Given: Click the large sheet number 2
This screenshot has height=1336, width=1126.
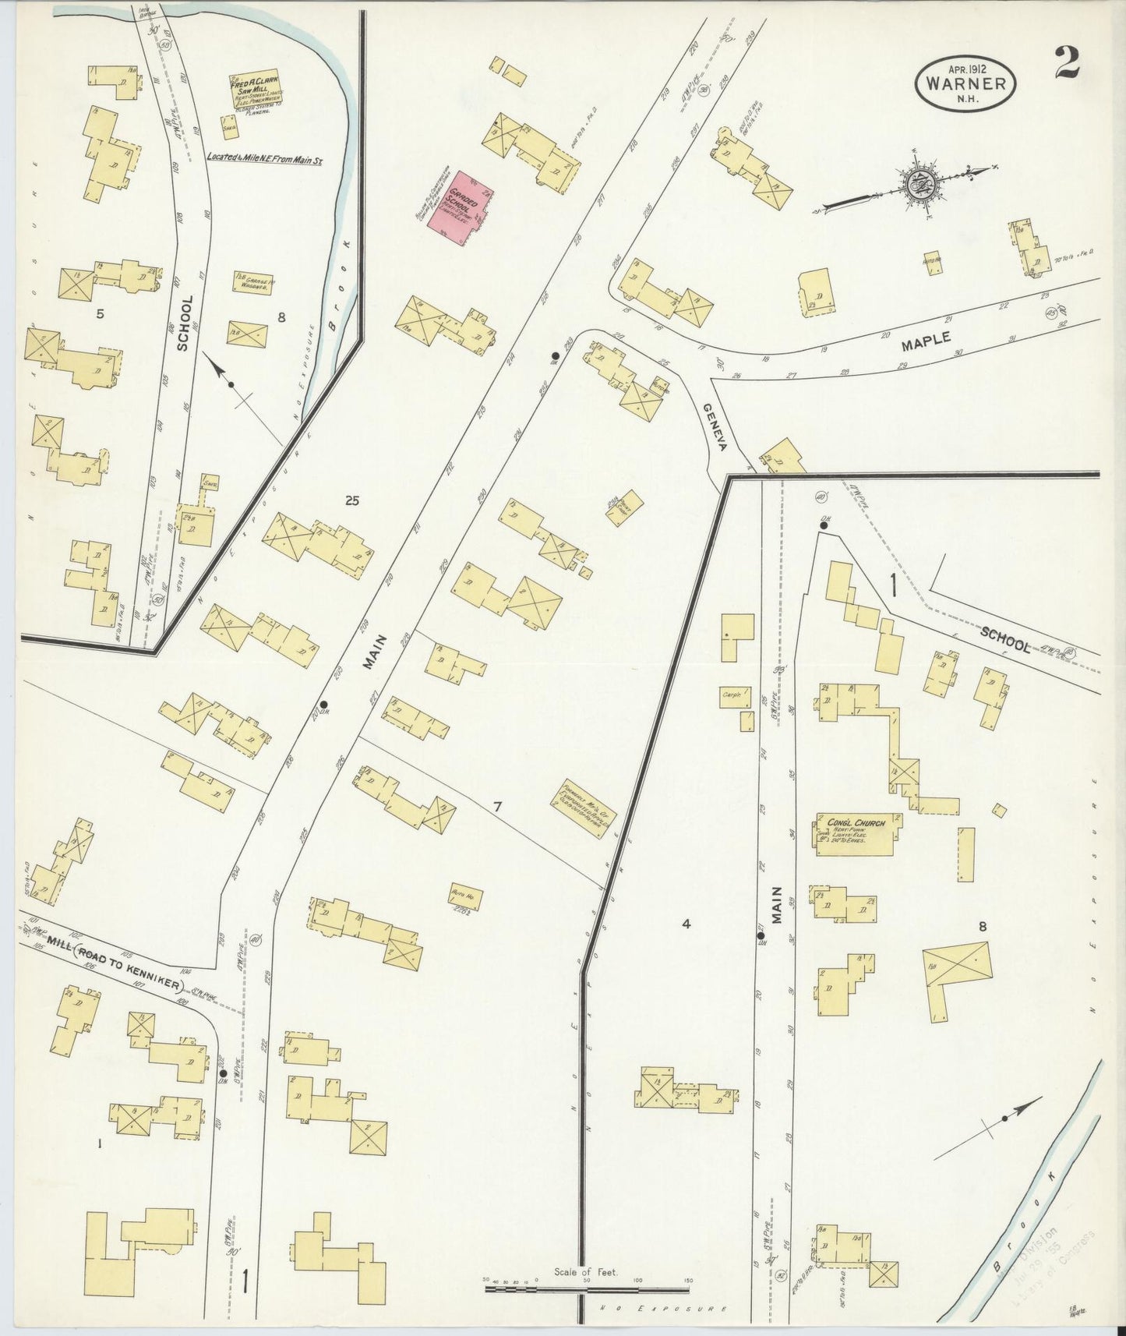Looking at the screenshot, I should coord(1067,63).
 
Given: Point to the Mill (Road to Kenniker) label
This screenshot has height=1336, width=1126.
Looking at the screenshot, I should coord(128,955).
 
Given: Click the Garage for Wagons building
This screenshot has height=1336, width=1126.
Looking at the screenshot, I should coord(251,282).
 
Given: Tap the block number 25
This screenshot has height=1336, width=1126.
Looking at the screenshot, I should coord(352,501).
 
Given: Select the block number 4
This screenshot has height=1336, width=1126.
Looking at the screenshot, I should coord(686,924).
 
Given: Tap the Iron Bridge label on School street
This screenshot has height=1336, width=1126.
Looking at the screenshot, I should coord(143,14).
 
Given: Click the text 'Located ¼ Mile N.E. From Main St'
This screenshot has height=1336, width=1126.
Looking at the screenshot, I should coord(265,157).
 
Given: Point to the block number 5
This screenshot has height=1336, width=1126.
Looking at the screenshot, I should coord(99,314).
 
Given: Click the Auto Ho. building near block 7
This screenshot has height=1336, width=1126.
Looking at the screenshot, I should coord(464,898).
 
